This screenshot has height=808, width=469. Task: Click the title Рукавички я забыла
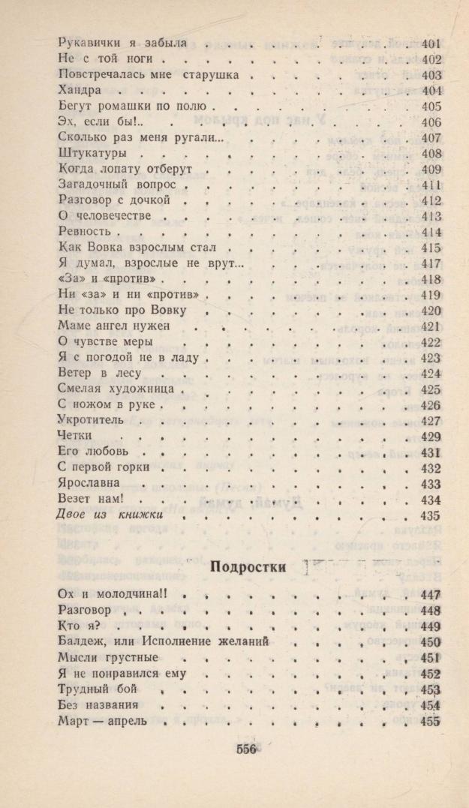[x=122, y=44]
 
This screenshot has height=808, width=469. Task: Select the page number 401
[x=431, y=44]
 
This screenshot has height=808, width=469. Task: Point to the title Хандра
[x=79, y=91]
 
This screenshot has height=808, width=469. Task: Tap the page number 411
[x=431, y=185]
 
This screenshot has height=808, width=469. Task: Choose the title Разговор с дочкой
[x=115, y=200]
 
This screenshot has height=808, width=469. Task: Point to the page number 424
[x=431, y=373]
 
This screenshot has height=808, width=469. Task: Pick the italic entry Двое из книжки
[x=110, y=515]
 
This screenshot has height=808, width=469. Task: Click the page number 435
[x=431, y=515]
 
